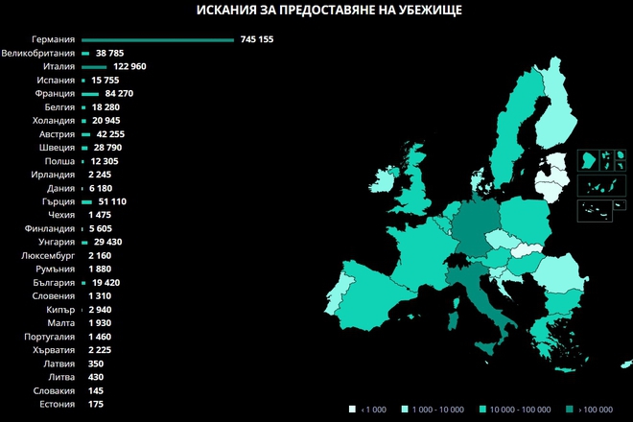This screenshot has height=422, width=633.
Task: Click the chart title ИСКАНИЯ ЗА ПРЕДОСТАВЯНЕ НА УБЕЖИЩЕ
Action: coord(316,12)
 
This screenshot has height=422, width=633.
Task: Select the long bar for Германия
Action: coord(157,39)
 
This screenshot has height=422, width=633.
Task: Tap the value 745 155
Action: coord(257,39)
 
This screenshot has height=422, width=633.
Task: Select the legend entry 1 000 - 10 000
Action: coord(437,409)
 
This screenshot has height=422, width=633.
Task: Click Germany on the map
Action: coord(474,225)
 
